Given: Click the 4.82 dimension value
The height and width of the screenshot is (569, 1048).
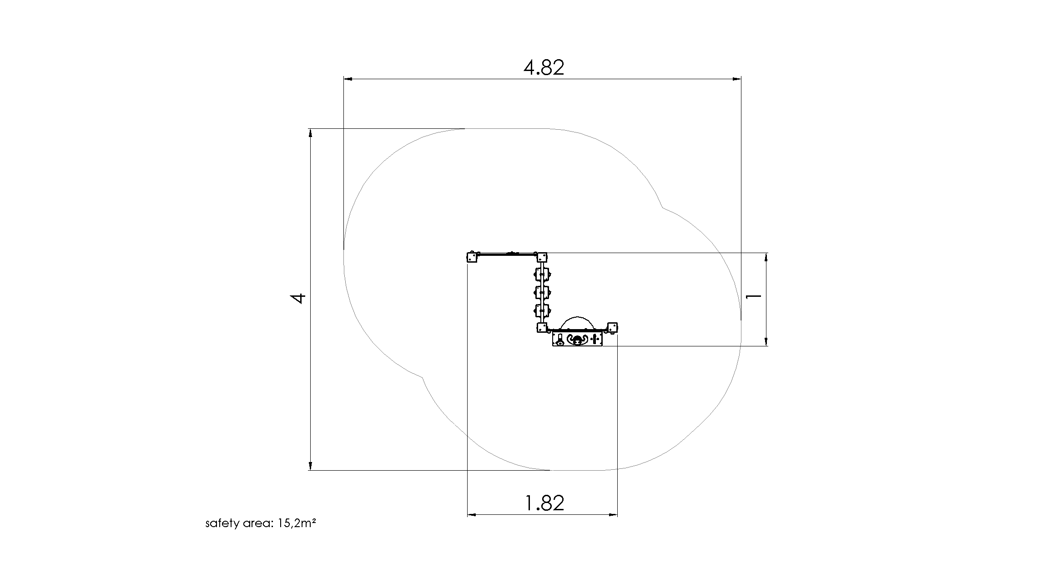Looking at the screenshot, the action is [544, 68].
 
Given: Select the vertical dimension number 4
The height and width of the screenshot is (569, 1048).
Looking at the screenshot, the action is [298, 299].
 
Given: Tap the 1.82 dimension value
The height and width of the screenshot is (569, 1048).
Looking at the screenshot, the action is [544, 503].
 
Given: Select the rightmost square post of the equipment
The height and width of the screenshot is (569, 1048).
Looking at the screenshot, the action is [612, 327].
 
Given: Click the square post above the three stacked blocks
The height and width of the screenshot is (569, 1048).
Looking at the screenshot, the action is [541, 258].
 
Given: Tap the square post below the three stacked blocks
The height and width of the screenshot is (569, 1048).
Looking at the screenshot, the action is [541, 328].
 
